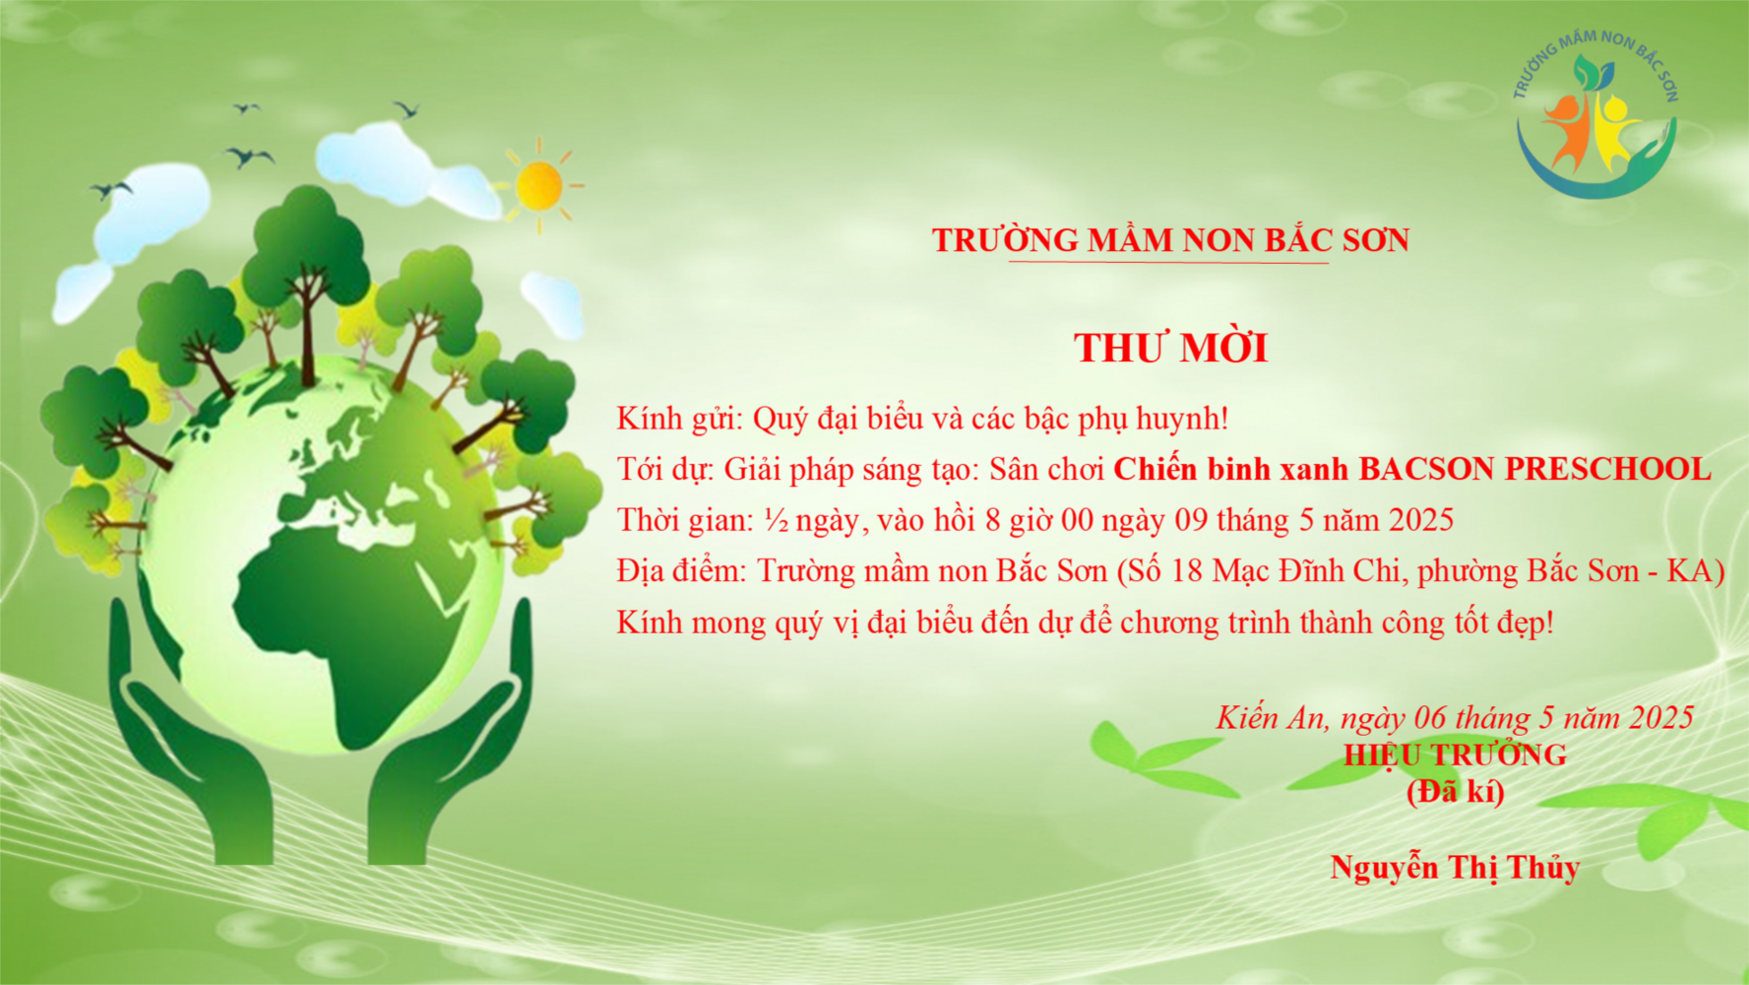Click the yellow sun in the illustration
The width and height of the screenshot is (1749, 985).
tap(539, 185)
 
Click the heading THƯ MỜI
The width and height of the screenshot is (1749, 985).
tap(1170, 348)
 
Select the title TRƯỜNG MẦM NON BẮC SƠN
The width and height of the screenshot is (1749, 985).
tap(1170, 239)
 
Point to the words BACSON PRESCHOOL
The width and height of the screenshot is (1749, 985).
tap(1535, 469)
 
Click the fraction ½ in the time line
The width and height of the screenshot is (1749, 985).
tap(776, 520)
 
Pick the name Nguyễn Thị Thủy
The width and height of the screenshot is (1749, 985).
tap(1455, 867)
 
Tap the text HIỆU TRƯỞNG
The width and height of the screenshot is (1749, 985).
tap(1455, 755)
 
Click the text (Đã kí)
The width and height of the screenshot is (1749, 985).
tap(1455, 791)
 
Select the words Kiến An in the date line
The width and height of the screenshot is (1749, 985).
tap(1271, 717)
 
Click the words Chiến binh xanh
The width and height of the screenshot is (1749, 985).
tap(1231, 469)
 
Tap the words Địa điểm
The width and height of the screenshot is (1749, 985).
tap(682, 571)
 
